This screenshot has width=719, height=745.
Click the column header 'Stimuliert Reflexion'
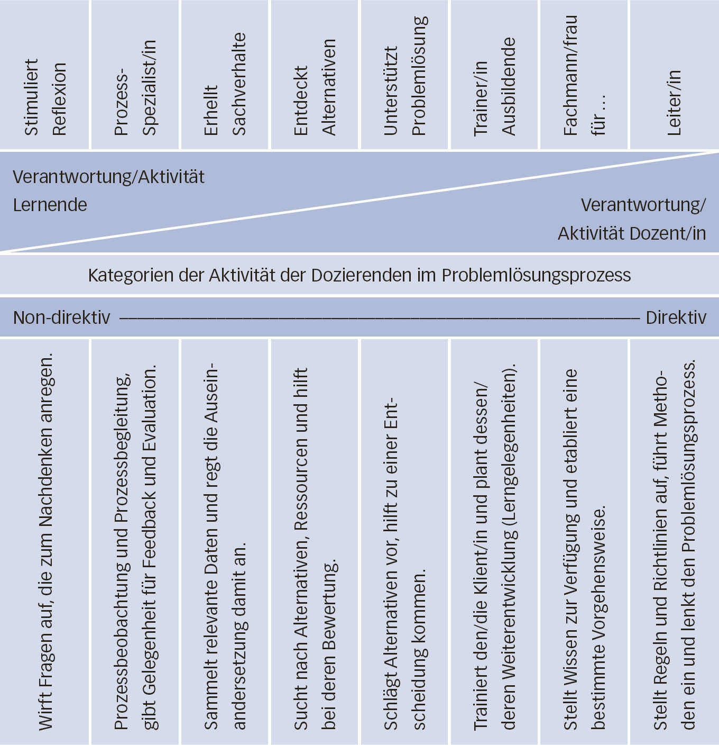(45, 98)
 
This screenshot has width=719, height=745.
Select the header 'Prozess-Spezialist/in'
(135, 87)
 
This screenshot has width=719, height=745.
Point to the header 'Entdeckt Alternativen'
(315, 87)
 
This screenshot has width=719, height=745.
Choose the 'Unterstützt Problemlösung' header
(404, 77)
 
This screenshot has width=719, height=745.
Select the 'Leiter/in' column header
(674, 103)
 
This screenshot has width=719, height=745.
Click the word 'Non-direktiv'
(61, 317)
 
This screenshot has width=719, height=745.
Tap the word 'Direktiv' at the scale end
(676, 317)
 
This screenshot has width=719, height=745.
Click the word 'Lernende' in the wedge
(50, 205)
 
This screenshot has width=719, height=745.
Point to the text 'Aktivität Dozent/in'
(631, 233)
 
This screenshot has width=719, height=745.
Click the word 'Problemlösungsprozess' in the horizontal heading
(536, 275)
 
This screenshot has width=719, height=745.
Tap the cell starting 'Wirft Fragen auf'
(46, 540)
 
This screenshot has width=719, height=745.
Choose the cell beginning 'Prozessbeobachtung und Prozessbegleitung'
(135, 545)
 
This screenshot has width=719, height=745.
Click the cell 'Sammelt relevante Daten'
(225, 545)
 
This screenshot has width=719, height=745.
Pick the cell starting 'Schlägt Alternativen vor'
(404, 561)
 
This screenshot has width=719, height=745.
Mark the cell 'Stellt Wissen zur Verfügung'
(584, 550)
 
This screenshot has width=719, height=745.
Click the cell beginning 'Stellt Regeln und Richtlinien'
(674, 545)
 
